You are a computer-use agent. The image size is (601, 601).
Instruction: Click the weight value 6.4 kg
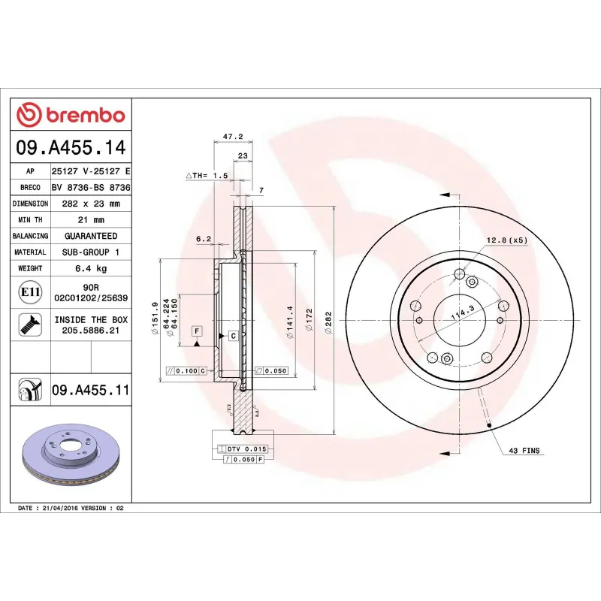[x=90, y=268]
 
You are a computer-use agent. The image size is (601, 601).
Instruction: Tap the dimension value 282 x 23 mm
[x=90, y=204]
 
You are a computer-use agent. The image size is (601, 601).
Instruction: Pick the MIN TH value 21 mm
[x=90, y=220]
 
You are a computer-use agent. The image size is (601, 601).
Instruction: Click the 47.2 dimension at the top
[x=232, y=137]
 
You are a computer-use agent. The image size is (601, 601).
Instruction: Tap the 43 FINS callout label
[x=524, y=451]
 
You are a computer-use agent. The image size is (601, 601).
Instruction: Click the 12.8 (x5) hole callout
[x=508, y=240]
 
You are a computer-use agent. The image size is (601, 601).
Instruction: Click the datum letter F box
[x=196, y=331]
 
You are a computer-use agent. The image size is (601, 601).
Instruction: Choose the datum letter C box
[x=233, y=335]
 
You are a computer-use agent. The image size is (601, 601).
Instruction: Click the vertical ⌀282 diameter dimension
[x=328, y=323]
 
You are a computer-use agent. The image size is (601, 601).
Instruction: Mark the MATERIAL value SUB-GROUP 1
[x=90, y=252]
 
